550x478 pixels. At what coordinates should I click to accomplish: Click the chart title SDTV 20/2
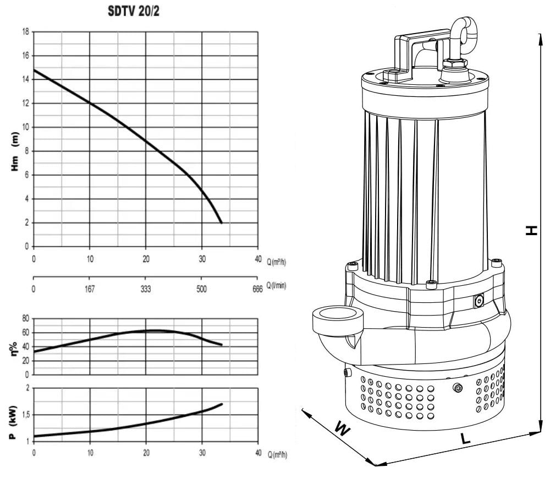coord(133,11)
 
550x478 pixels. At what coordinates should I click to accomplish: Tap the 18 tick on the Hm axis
coord(26,31)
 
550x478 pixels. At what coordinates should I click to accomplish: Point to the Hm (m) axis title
coord(15,151)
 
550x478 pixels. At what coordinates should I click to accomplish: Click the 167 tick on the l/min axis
coord(90,289)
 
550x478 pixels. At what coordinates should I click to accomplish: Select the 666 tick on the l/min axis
coord(257,289)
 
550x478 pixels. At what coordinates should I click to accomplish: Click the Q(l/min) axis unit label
coord(277,285)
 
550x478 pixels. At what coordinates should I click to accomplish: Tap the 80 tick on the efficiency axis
coord(26,318)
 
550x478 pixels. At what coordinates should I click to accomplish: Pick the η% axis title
coord(15,349)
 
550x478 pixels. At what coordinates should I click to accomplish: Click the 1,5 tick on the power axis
coord(26,415)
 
